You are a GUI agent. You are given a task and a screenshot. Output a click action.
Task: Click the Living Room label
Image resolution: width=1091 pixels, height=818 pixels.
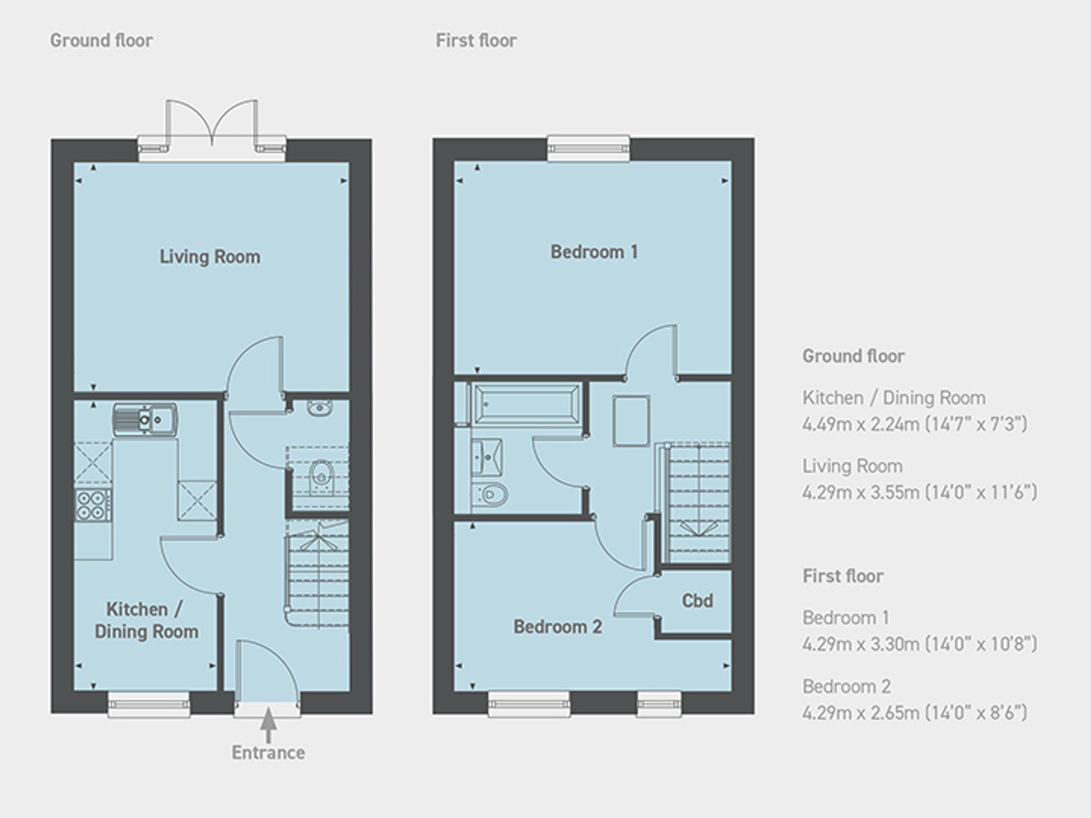pyautogui.click(x=210, y=257)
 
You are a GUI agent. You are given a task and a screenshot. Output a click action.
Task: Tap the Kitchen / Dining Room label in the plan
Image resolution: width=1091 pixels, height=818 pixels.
pyautogui.click(x=146, y=620)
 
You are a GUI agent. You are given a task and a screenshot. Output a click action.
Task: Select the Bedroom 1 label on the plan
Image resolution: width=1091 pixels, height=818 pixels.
pyautogui.click(x=594, y=252)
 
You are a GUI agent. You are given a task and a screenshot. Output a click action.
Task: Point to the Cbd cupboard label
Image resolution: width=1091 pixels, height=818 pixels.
pyautogui.click(x=697, y=601)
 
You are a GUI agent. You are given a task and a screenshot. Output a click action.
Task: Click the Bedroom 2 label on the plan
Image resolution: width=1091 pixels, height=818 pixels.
pyautogui.click(x=557, y=627)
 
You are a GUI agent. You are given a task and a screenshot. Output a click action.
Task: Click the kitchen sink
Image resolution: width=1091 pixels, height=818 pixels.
pyautogui.click(x=145, y=419)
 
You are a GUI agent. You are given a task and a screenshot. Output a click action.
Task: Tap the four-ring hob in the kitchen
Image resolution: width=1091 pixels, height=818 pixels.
pyautogui.click(x=93, y=505)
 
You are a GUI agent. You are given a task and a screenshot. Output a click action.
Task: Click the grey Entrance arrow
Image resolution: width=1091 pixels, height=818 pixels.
pyautogui.click(x=268, y=725)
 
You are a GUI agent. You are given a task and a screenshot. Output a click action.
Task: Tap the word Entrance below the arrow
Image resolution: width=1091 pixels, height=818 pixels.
pyautogui.click(x=268, y=753)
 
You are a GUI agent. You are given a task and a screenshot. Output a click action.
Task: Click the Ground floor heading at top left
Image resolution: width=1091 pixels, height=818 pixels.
pyautogui.click(x=101, y=40)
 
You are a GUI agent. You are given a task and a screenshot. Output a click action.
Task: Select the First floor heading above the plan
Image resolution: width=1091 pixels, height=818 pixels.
pyautogui.click(x=476, y=40)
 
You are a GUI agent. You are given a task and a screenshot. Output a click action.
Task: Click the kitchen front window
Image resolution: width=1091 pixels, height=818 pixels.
pyautogui.click(x=149, y=704)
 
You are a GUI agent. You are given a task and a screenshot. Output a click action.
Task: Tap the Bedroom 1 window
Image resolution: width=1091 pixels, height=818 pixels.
pyautogui.click(x=588, y=148)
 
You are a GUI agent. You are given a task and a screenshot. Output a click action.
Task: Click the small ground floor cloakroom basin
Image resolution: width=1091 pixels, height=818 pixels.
pyautogui.click(x=320, y=407)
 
